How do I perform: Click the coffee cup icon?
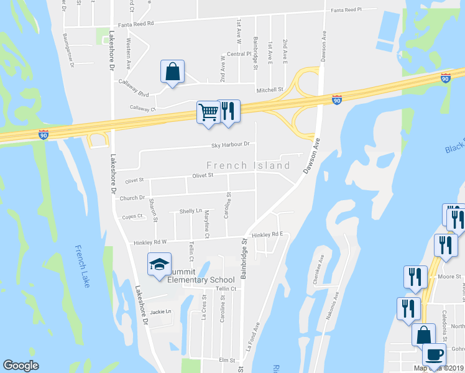coord(433,355)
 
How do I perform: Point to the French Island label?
coord(248,165)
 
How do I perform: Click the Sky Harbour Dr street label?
coord(230,144)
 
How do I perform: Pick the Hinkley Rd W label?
coord(139,242)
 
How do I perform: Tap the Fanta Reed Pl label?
coord(354,10)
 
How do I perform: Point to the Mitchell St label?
coord(270,89)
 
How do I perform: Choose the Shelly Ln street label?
coord(190,211)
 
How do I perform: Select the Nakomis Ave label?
coord(334,306)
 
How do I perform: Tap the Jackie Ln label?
coord(160,311)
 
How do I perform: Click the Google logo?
coord(21,366)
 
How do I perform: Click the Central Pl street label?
coord(239,54)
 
